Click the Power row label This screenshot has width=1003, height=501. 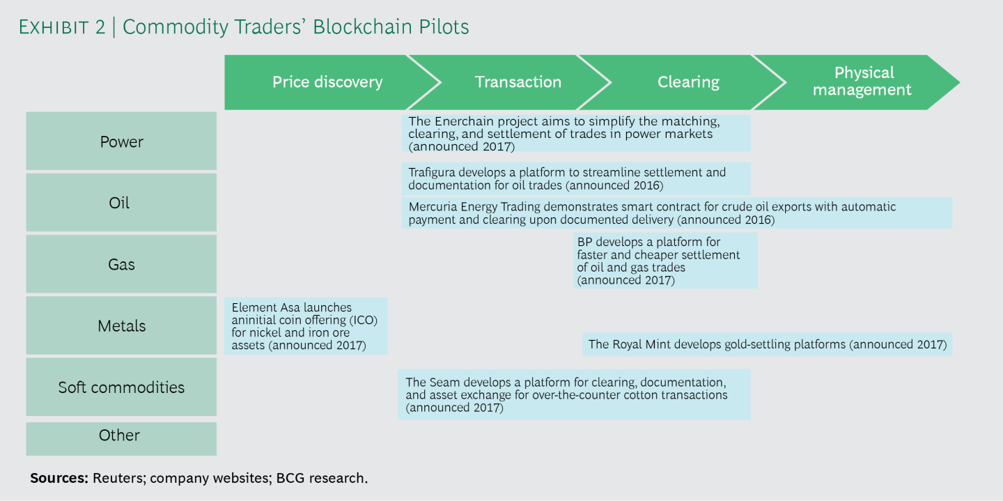pyautogui.click(x=121, y=141)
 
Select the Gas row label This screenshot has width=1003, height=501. pyautogui.click(x=121, y=264)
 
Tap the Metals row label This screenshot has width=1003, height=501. pyautogui.click(x=121, y=325)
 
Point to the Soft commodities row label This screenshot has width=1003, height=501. pyautogui.click(x=121, y=387)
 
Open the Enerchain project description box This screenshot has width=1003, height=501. pyautogui.click(x=576, y=133)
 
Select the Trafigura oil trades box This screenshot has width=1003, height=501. pyautogui.click(x=576, y=178)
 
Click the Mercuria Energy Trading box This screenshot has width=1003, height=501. pyautogui.click(x=676, y=213)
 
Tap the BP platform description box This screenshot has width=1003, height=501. pyautogui.click(x=665, y=261)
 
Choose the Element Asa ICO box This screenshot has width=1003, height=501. pyautogui.click(x=305, y=326)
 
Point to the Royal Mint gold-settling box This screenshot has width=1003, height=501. pyautogui.click(x=767, y=344)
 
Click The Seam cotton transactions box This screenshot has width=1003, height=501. pyautogui.click(x=574, y=394)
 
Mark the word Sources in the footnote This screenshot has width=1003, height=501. pyautogui.click(x=59, y=478)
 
